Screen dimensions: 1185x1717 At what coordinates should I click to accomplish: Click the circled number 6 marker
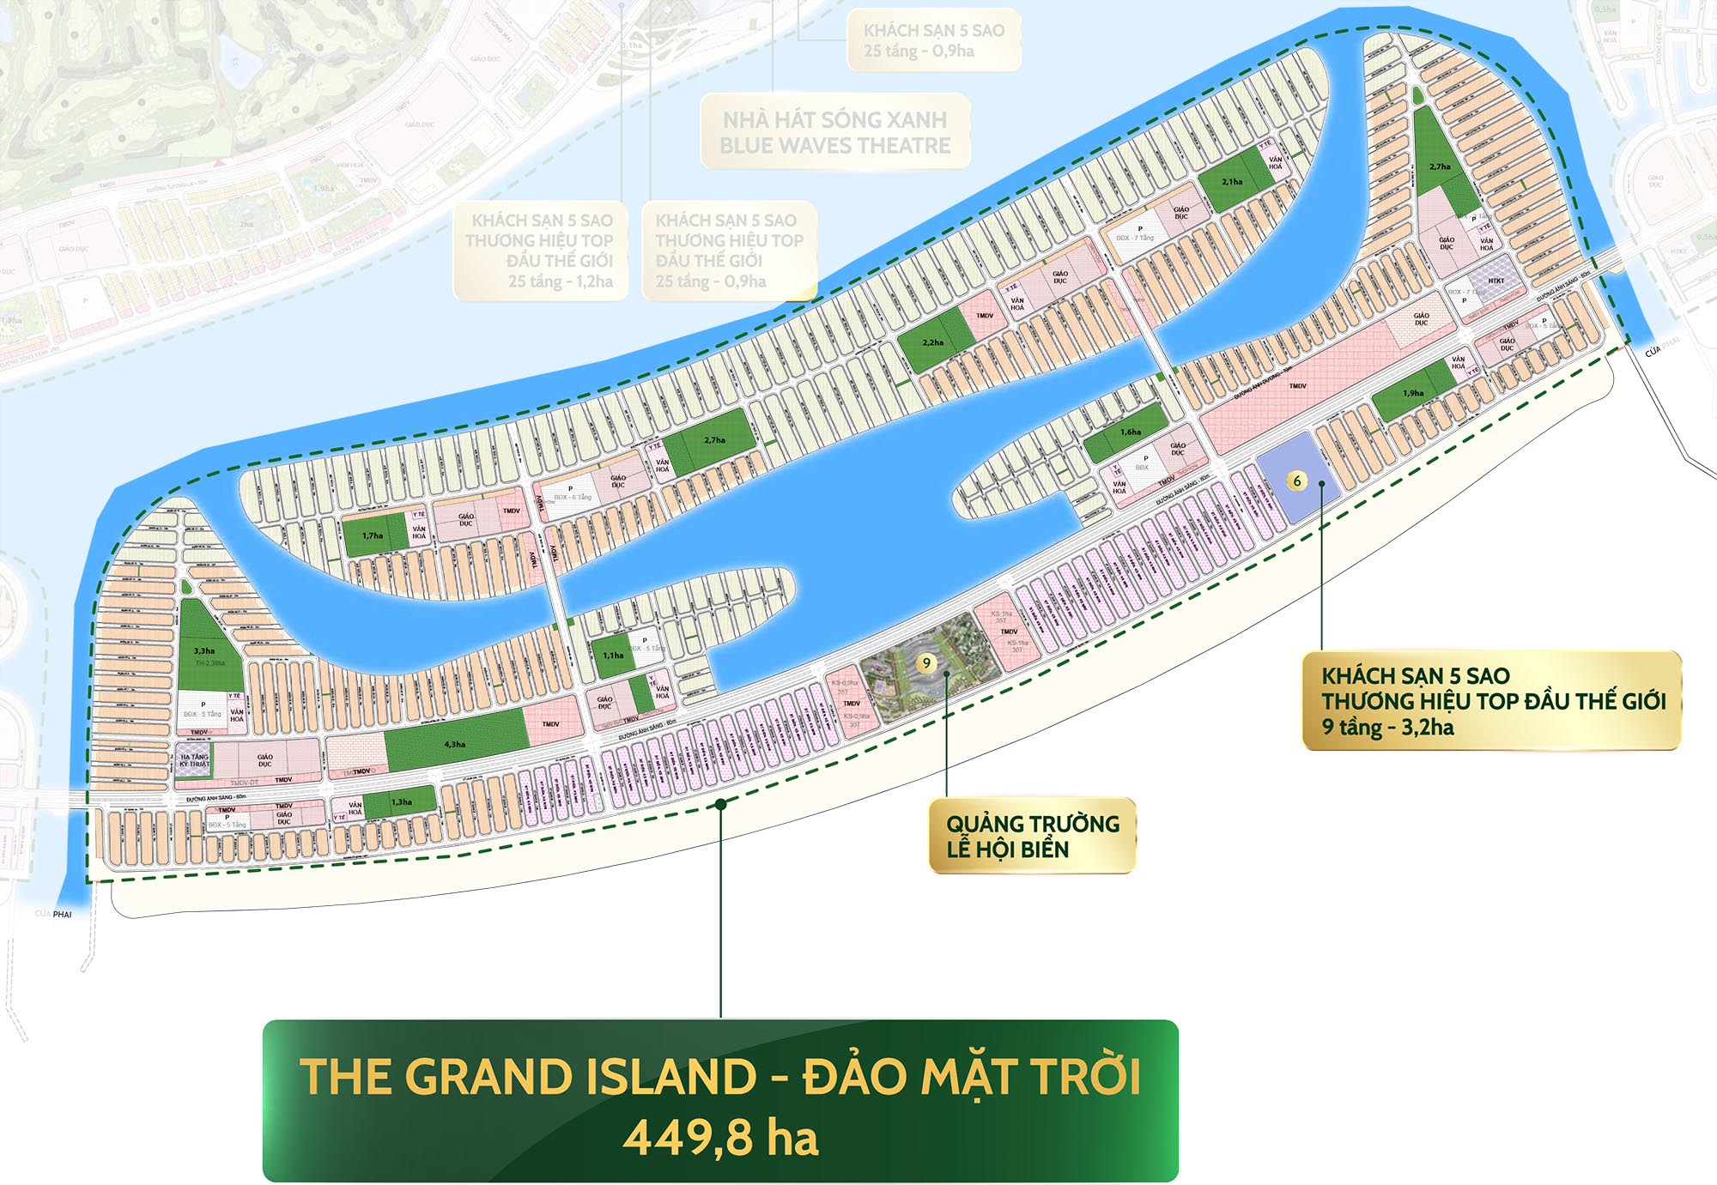1297,481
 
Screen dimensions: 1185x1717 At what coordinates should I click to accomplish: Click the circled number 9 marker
925,662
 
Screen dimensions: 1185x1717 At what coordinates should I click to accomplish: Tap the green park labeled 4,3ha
455,743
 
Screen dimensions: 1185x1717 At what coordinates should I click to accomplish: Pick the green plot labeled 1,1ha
613,655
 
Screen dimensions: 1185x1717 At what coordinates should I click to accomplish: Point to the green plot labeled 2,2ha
932,342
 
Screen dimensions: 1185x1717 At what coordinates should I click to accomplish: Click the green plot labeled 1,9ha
1413,393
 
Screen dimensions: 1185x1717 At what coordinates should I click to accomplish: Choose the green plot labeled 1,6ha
1131,432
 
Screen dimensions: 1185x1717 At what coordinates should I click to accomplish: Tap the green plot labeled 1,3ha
402,802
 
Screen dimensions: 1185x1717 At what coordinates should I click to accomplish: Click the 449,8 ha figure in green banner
720,1138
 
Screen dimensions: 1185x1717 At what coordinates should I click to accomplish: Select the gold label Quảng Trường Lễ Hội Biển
1032,837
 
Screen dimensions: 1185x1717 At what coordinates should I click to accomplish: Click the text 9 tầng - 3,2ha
1387,728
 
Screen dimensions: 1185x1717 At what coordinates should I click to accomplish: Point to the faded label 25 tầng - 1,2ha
560,281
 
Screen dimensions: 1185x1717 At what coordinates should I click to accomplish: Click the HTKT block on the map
1496,281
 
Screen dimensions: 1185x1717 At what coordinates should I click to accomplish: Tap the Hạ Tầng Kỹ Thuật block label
194,760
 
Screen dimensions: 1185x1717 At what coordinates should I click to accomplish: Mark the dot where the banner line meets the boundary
721,804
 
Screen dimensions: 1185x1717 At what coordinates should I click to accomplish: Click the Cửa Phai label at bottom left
53,914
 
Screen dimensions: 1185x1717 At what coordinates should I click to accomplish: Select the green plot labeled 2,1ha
1232,182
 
